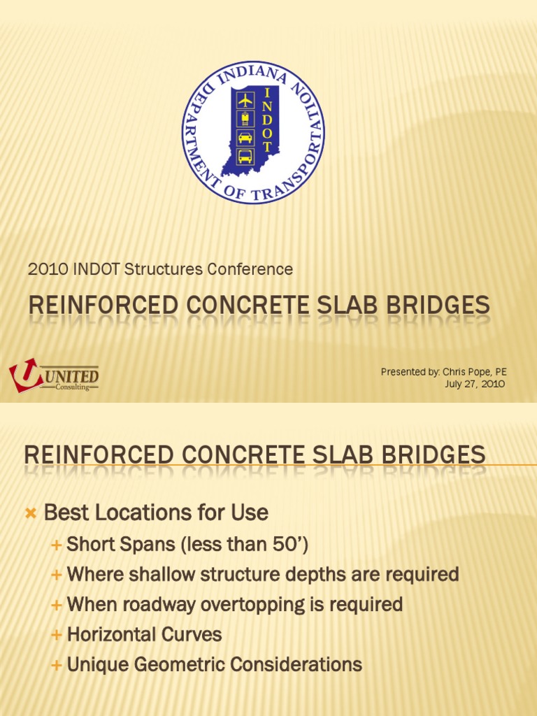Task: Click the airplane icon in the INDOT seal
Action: tap(245, 100)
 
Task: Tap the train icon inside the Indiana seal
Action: tap(245, 119)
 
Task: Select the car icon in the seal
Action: tap(245, 138)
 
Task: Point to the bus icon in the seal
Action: tap(245, 157)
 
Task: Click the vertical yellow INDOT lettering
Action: tap(266, 121)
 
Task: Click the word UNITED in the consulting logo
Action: tap(72, 375)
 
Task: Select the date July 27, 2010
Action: tap(475, 384)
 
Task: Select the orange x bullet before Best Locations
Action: tap(29, 514)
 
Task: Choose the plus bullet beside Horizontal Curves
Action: tap(57, 635)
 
